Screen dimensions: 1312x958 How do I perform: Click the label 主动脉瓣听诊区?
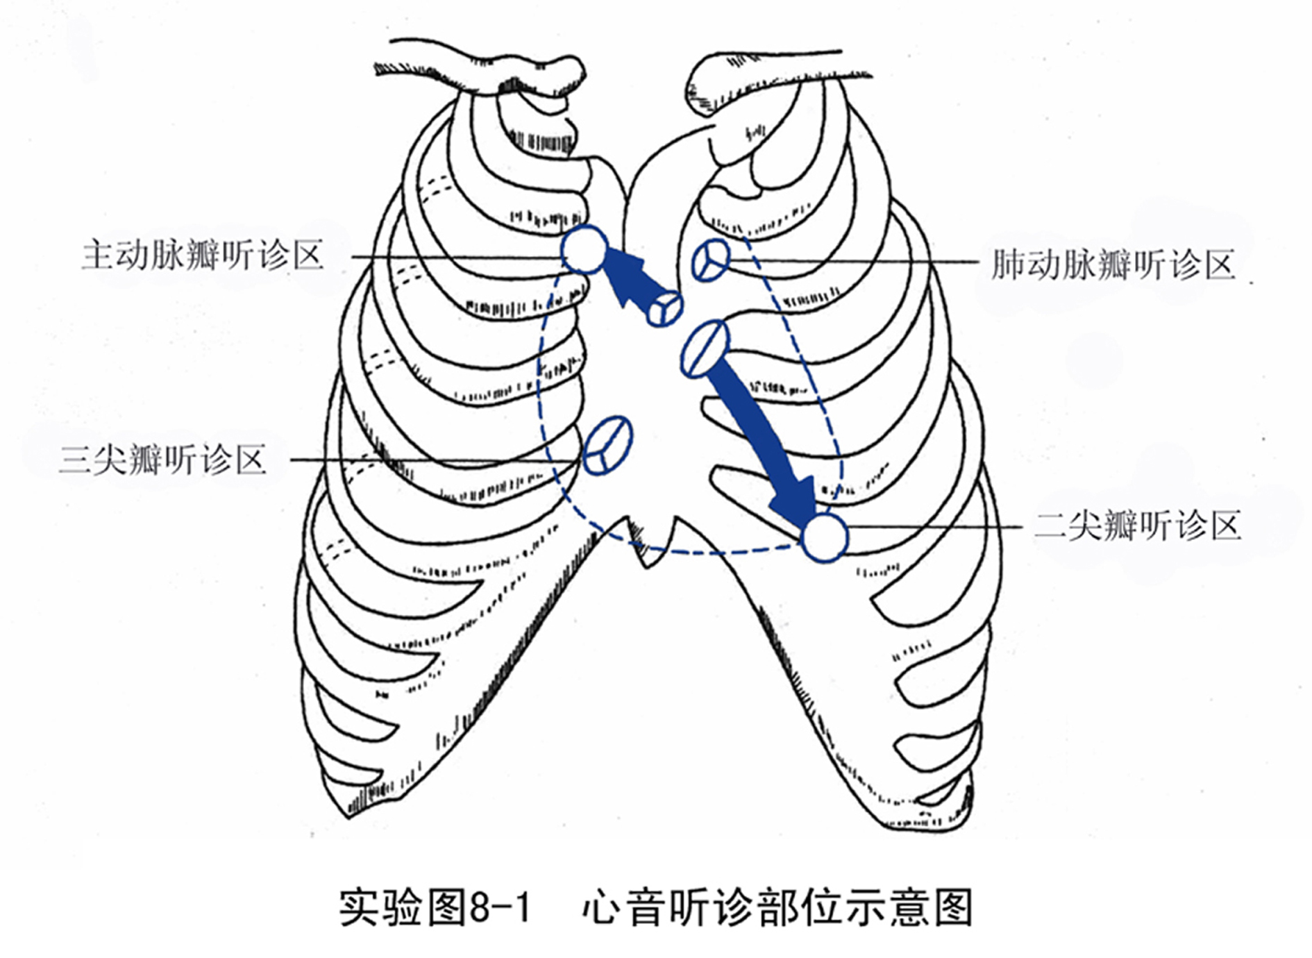click(x=203, y=255)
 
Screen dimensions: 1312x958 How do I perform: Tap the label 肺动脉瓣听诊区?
click(x=1113, y=264)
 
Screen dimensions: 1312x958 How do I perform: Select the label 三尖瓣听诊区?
click(x=163, y=460)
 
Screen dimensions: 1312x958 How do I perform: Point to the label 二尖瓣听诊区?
click(x=1137, y=526)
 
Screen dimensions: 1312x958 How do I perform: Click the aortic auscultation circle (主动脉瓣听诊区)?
click(x=584, y=250)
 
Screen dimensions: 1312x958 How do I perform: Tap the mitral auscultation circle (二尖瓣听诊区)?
click(x=825, y=537)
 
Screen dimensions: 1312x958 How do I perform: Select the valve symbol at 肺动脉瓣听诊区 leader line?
click(x=711, y=260)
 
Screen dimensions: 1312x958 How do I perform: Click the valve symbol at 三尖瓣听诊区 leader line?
click(x=607, y=445)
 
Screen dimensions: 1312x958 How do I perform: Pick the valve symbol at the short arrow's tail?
click(x=664, y=309)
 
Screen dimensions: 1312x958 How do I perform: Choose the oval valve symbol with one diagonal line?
click(x=705, y=348)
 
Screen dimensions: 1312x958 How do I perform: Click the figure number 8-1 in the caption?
click(x=500, y=907)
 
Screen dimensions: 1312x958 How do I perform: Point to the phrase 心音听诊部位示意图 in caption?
click(x=777, y=907)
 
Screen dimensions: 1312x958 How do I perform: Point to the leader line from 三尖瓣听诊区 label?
click(x=430, y=460)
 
